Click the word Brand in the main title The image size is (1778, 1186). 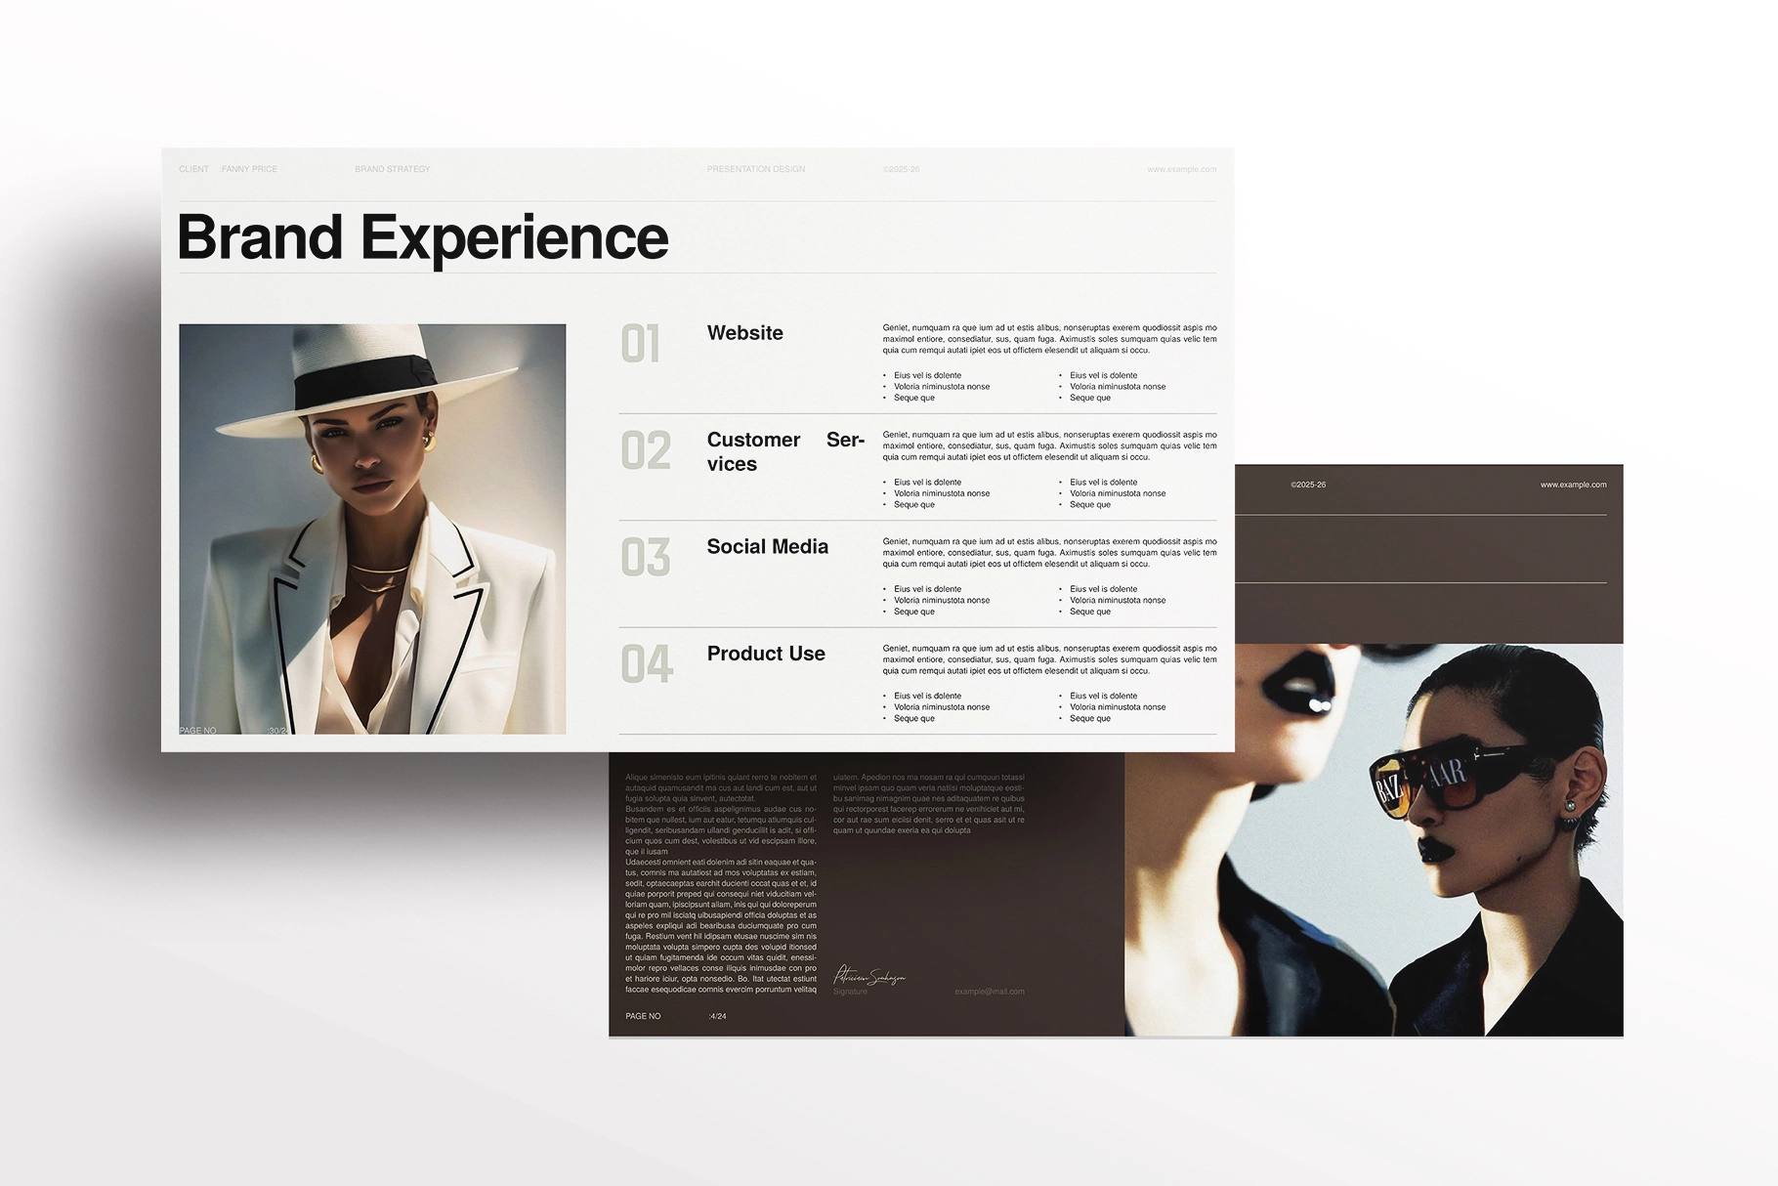pos(260,237)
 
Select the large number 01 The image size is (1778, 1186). pos(641,344)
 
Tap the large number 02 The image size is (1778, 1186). pos(646,450)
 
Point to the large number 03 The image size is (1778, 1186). pos(646,558)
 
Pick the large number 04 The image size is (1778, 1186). pos(647,664)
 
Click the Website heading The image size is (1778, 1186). pos(744,333)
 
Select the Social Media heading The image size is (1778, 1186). pos(767,547)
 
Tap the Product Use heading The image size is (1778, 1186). pos(766,654)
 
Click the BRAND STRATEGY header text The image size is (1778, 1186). pos(392,169)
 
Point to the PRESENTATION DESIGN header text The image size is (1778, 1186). pos(755,169)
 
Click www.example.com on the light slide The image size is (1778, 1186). pos(1181,169)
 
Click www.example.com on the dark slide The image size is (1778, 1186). pos(1573,485)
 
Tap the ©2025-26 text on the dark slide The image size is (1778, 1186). pos(1308,485)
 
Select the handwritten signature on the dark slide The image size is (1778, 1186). pos(868,975)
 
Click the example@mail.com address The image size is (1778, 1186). pos(989,992)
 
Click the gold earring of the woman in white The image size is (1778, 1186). pos(427,442)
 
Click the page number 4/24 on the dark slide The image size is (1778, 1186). pos(717,1016)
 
